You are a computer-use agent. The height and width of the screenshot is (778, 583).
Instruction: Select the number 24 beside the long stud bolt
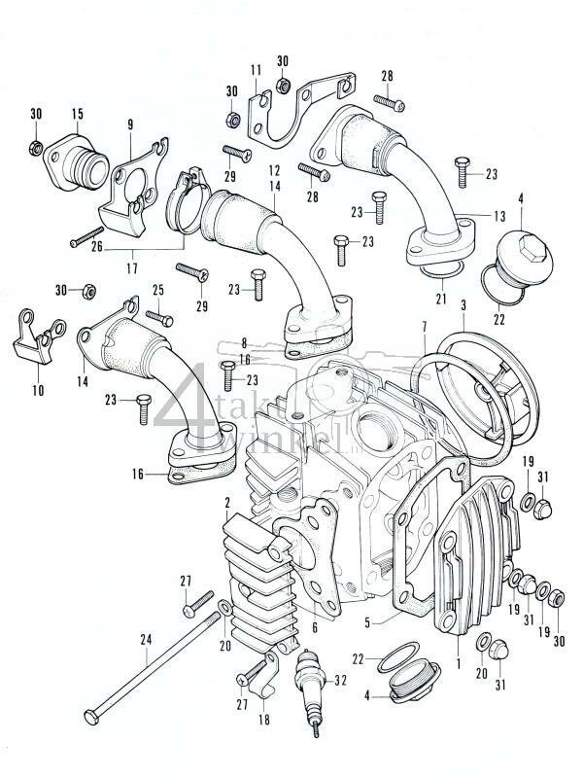pyautogui.click(x=147, y=641)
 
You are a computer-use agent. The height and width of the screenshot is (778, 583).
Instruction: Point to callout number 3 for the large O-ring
pyautogui.click(x=463, y=306)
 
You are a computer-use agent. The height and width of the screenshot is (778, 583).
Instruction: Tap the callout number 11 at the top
pyautogui.click(x=256, y=70)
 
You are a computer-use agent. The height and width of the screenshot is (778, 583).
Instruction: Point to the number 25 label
pyautogui.click(x=157, y=291)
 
